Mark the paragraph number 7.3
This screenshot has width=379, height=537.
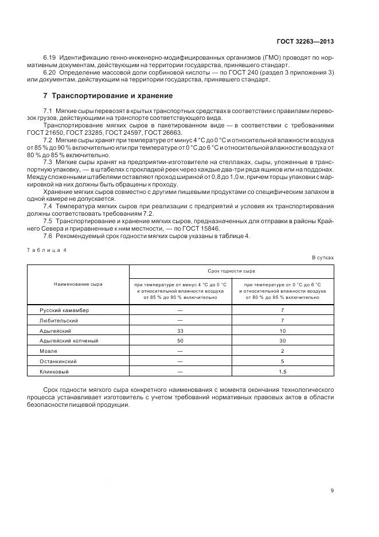click(x=48, y=162)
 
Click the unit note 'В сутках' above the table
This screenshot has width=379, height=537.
click(x=323, y=258)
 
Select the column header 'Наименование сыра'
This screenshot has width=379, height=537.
click(x=79, y=283)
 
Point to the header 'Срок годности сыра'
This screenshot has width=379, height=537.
click(x=231, y=270)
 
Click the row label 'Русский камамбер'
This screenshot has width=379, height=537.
click(x=64, y=310)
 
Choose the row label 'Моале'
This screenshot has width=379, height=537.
click(x=48, y=351)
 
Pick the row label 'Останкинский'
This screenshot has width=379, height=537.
click(x=58, y=361)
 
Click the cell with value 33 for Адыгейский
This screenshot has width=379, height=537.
click(x=180, y=330)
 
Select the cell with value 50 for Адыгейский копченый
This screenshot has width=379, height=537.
click(x=180, y=341)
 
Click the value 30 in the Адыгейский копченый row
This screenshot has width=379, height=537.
click(x=282, y=341)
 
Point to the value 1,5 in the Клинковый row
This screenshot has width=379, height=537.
click(x=282, y=372)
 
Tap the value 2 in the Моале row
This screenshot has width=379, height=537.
click(x=282, y=351)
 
